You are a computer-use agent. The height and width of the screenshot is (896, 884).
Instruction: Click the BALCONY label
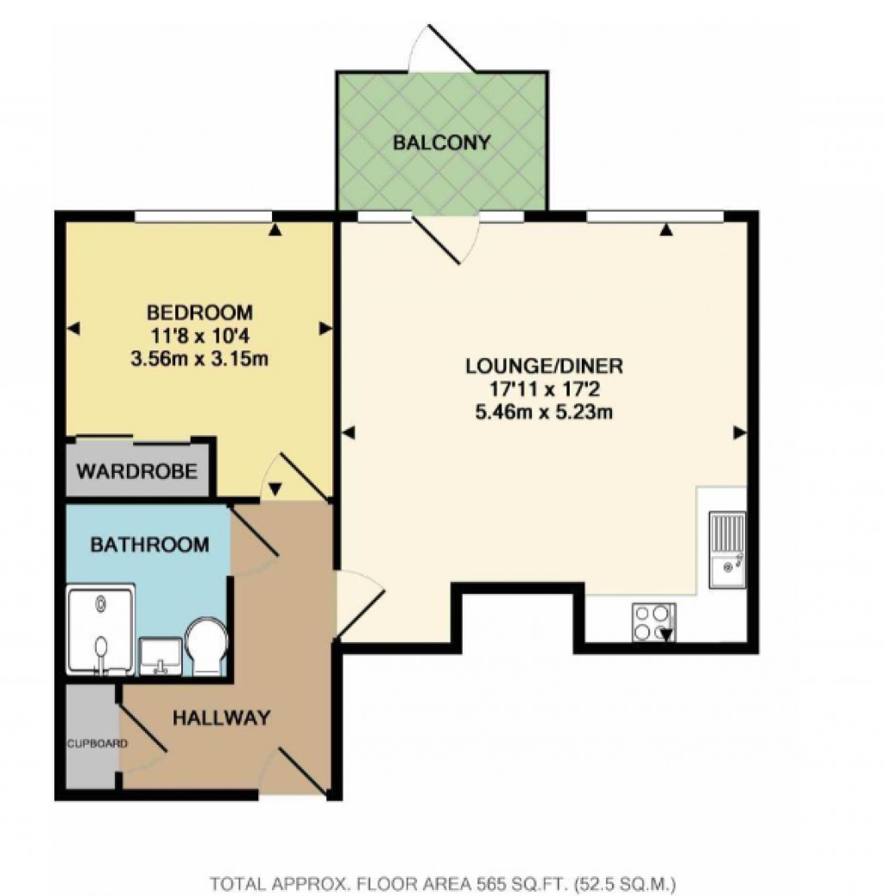[441, 142]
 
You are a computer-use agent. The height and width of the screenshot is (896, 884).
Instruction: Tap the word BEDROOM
[199, 312]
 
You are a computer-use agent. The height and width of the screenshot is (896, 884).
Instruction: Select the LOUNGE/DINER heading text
[544, 365]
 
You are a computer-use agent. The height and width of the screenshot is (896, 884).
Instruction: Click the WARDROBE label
[138, 472]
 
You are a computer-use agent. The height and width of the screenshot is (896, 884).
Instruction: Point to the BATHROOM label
[149, 545]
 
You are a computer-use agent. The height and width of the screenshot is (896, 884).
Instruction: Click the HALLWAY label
[221, 717]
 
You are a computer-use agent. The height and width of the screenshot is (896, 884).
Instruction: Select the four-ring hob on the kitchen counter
[654, 622]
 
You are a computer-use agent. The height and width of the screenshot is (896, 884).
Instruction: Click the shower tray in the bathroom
[101, 630]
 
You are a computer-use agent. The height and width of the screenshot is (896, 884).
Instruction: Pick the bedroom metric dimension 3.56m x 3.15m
[199, 358]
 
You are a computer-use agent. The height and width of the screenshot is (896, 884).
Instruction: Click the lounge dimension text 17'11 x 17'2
[544, 389]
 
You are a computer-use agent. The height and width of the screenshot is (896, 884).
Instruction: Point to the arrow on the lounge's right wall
[740, 432]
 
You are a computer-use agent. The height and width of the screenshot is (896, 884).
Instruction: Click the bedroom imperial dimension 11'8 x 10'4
[199, 335]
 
